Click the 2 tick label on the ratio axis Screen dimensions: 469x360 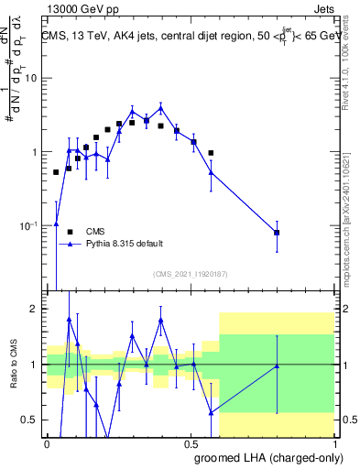point(34,310)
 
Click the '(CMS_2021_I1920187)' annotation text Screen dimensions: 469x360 point(190,274)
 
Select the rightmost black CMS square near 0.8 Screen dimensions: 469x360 point(277,233)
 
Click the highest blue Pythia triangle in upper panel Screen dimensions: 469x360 point(160,106)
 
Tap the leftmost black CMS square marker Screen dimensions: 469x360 point(56,172)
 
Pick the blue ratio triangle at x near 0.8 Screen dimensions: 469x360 point(277,365)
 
